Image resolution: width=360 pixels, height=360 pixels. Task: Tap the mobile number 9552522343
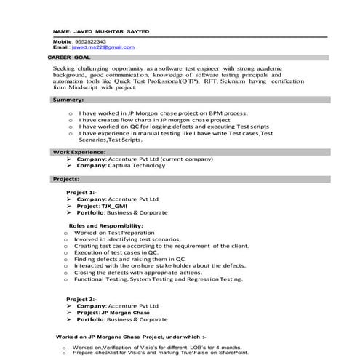point(89,41)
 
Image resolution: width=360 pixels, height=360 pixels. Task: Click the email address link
point(108,47)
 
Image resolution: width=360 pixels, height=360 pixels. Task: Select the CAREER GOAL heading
point(69,56)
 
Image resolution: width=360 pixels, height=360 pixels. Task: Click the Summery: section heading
point(68,99)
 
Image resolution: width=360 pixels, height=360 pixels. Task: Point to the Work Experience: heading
point(78,151)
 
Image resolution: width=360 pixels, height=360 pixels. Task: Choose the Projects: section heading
point(66,178)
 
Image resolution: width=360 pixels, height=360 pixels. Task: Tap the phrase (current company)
point(175,158)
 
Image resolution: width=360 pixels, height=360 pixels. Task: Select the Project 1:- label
point(81,192)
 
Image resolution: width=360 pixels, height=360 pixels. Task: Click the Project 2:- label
point(81,299)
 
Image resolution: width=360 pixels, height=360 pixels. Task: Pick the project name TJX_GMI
point(122,206)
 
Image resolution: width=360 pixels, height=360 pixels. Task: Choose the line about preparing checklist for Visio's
point(161,353)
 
